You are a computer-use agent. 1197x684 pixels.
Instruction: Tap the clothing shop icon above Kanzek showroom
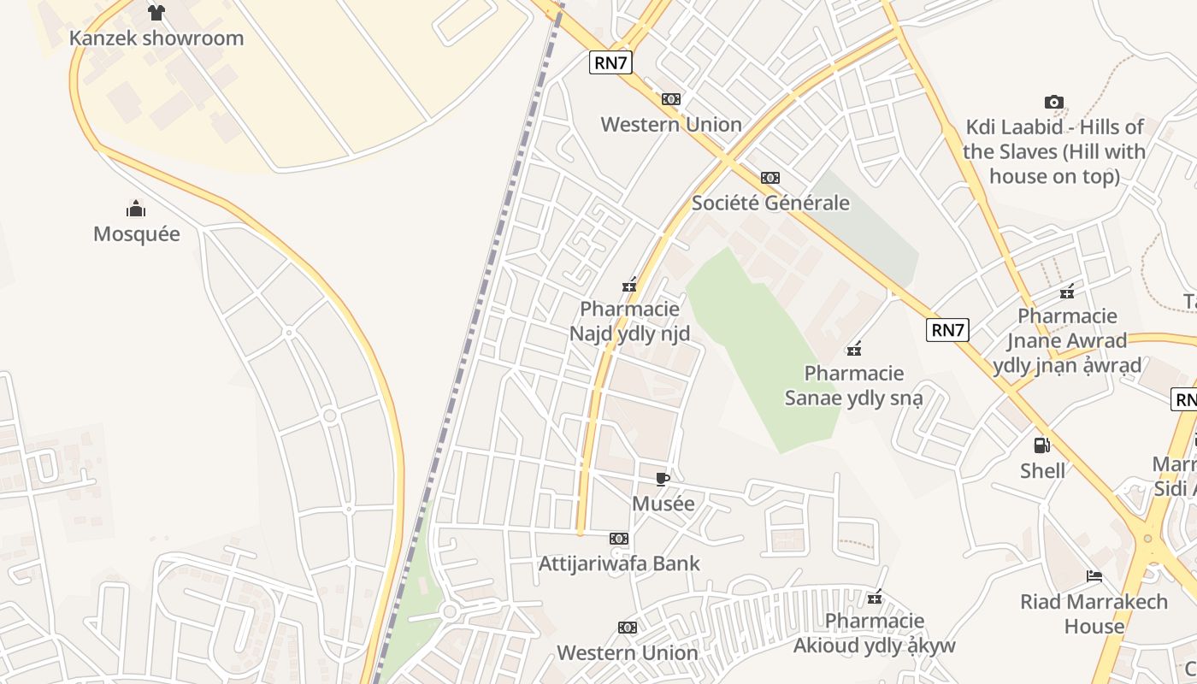[x=156, y=12]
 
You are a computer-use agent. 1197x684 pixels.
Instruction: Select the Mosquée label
[x=137, y=234]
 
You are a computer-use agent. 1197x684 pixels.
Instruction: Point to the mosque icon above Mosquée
[x=136, y=209]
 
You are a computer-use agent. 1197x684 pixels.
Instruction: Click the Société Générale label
[x=770, y=203]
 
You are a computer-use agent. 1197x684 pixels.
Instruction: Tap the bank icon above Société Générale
[x=770, y=178]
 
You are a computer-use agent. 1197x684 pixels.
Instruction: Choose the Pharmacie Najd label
[x=630, y=321]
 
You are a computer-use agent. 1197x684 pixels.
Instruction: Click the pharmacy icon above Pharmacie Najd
[x=630, y=285]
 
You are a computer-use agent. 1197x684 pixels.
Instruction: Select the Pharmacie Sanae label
[x=853, y=386]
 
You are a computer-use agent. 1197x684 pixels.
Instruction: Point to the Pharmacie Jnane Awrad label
[x=1067, y=340]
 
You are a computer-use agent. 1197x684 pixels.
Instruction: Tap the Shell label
[x=1042, y=470]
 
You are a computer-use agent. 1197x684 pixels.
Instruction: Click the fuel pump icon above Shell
[x=1042, y=445]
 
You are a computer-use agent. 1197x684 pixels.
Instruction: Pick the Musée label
[x=663, y=504]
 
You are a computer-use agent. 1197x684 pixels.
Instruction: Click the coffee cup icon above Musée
[x=663, y=479]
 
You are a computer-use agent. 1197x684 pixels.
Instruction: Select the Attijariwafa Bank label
[x=619, y=563]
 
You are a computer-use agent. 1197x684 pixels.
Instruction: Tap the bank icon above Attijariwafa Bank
[x=619, y=539]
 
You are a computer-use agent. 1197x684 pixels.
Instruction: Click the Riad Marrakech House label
[x=1094, y=614]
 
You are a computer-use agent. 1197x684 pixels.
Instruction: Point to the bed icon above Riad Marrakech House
[x=1094, y=575]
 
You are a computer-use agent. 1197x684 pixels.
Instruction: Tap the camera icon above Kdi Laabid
[x=1054, y=103]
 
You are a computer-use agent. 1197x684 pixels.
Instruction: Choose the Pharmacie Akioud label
[x=874, y=633]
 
